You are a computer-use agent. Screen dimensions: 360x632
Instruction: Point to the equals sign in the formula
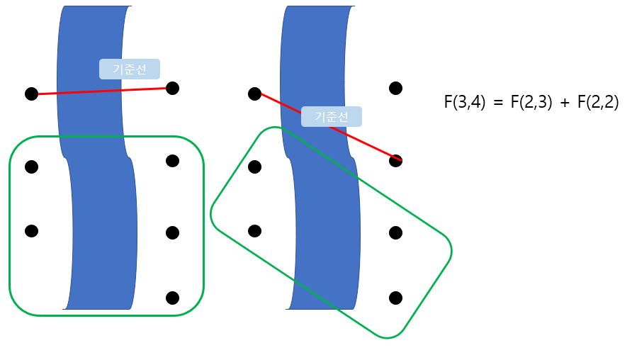498,103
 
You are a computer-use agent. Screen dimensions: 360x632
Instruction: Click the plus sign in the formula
565,103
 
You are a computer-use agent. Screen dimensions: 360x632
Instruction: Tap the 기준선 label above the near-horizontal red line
130,69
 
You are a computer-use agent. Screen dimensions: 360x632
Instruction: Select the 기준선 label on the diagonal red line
332,117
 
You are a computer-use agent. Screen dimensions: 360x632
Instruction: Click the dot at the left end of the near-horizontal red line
31,94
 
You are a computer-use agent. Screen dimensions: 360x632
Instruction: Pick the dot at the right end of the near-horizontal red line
172,88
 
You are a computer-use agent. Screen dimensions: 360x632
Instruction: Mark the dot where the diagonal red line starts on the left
255,94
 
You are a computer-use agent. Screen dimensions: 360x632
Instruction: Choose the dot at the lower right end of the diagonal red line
396,161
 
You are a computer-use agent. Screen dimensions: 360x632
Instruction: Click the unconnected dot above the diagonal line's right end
396,88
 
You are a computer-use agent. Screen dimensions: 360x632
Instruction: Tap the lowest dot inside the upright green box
172,298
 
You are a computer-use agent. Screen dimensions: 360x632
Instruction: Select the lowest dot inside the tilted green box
396,298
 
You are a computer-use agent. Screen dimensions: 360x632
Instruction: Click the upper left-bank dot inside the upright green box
31,167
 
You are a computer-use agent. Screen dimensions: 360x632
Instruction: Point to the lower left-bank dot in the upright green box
31,231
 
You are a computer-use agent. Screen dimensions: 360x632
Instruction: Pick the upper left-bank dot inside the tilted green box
255,167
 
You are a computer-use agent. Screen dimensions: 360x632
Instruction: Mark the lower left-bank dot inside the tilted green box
255,231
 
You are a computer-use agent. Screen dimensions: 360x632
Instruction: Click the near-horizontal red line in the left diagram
85,91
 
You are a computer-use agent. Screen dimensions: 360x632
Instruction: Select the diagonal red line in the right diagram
283,107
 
